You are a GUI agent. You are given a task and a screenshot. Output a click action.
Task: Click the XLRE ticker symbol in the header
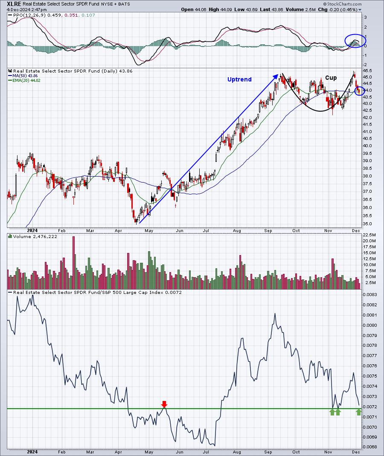[14, 4]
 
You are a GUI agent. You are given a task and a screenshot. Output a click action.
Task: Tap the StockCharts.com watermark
[342, 4]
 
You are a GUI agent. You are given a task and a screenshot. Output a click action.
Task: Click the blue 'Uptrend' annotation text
[239, 79]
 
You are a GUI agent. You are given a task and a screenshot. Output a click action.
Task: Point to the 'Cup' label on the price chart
[331, 78]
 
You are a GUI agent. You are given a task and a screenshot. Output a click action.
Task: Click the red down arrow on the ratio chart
[164, 404]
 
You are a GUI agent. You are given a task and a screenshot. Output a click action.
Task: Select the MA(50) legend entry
[25, 76]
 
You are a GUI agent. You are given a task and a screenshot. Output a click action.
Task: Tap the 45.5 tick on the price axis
[367, 71]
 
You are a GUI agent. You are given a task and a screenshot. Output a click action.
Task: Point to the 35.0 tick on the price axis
[367, 224]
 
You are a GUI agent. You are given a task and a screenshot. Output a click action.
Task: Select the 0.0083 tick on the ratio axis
[370, 295]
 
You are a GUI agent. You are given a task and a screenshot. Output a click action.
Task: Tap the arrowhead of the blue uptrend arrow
[276, 76]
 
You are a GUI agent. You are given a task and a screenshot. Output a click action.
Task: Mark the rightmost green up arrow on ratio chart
[359, 412]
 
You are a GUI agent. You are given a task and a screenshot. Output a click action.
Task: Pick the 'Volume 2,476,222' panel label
[32, 237]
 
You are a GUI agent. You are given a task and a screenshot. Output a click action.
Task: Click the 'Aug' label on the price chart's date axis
[237, 231]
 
